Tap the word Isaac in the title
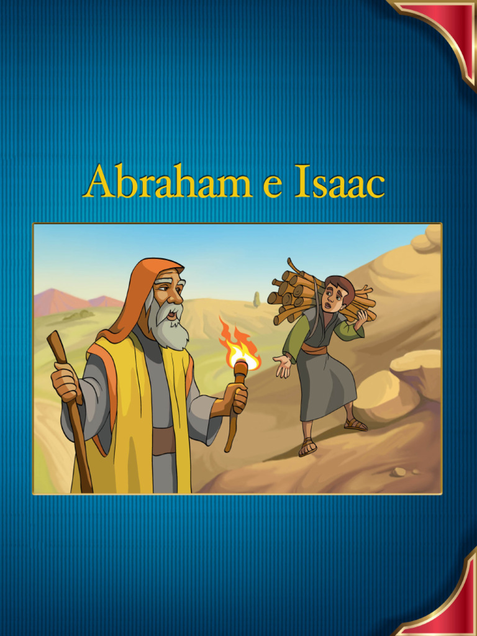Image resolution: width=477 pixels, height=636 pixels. tap(339, 181)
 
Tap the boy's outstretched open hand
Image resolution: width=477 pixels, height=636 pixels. tap(283, 366)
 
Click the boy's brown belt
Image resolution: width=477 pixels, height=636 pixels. tap(314, 349)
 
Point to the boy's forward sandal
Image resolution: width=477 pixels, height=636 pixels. tap(307, 447)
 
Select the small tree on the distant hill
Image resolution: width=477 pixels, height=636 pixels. tap(257, 299)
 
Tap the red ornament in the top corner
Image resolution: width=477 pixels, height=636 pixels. tap(447, 25)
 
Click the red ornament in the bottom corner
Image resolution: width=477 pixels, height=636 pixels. tap(450, 606)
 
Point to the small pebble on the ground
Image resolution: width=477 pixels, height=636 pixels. tap(398, 473)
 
